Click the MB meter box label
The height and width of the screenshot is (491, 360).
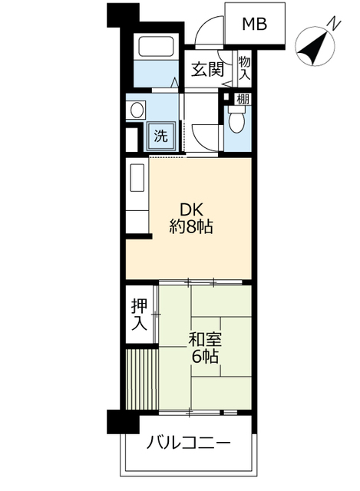point(254,24)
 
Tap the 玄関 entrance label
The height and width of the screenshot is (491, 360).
point(208,69)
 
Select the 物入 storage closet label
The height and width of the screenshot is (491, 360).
point(245,68)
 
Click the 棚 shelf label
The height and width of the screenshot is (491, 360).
point(243,100)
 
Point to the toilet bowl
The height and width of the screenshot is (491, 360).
point(236,120)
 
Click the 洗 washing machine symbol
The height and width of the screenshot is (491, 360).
point(160,136)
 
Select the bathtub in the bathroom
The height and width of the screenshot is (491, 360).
point(156,47)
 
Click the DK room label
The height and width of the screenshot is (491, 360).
point(191,209)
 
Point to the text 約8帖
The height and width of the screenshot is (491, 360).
point(191,226)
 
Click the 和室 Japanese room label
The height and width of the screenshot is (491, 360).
point(205,339)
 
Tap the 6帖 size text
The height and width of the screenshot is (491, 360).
point(205,356)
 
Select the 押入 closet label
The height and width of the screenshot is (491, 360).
point(139,315)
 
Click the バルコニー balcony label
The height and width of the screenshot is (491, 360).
point(189,443)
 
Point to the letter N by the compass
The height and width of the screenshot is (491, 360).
point(335,25)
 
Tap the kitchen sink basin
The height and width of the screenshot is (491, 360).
point(137,178)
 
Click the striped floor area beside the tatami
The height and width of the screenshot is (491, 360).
point(141,379)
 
